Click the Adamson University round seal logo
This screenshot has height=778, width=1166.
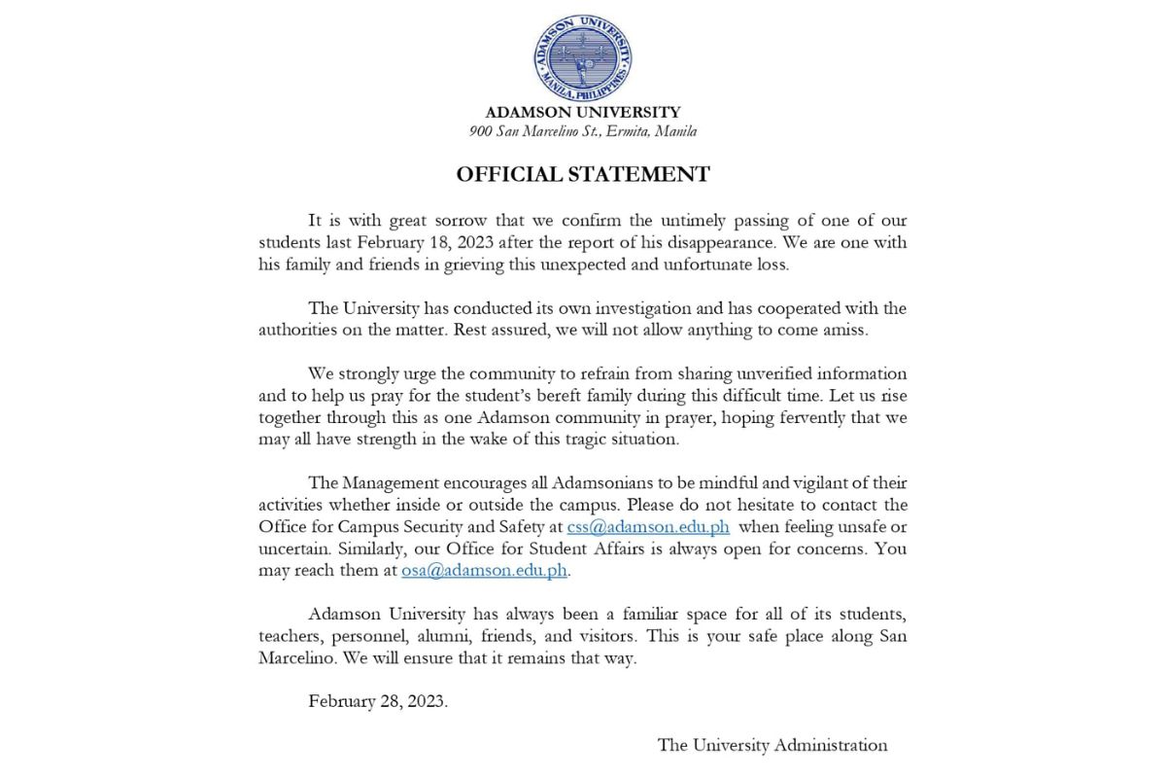tap(583, 56)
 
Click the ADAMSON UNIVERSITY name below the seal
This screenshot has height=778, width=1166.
tap(583, 112)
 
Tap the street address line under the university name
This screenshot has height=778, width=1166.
tap(583, 131)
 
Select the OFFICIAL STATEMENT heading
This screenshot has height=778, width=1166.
tap(583, 175)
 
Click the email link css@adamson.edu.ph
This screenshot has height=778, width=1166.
tap(648, 526)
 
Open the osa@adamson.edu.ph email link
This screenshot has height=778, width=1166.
tap(484, 571)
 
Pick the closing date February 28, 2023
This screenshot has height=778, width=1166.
tap(378, 701)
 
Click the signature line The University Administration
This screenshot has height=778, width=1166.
tap(772, 745)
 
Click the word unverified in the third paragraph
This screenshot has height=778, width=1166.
tap(772, 373)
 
